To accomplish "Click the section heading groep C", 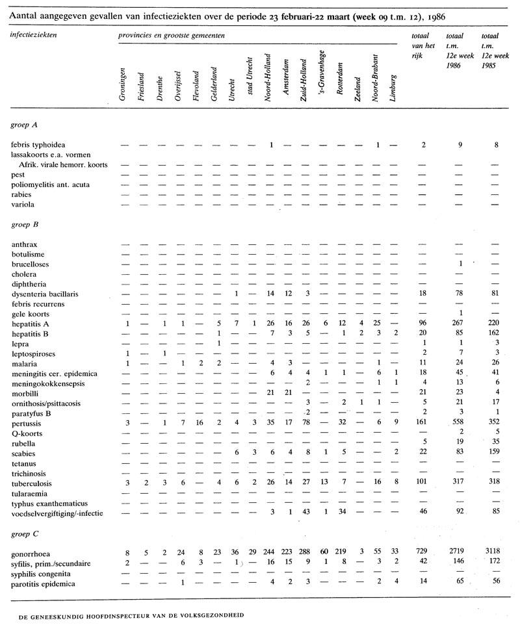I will pyautogui.click(x=25, y=534).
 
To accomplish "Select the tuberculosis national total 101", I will pyautogui.click(x=422, y=484).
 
